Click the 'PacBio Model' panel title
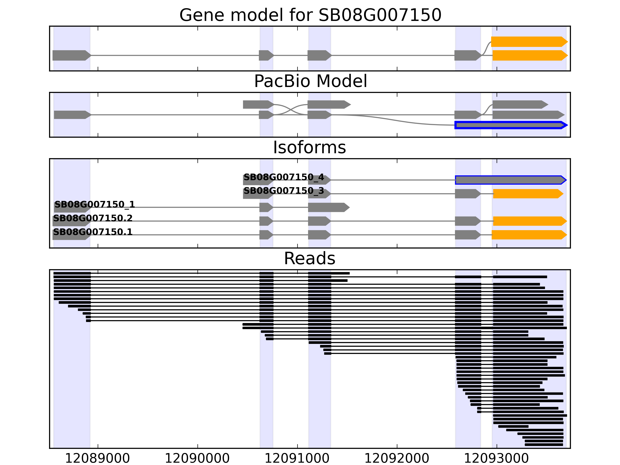point(310,81)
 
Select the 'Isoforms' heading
point(309,147)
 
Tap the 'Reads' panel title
point(309,258)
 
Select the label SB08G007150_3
point(284,191)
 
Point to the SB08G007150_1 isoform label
point(95,204)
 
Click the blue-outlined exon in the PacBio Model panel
point(510,125)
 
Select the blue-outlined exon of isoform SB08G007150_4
point(510,180)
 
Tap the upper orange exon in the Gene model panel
point(529,42)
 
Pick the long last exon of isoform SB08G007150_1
point(328,208)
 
